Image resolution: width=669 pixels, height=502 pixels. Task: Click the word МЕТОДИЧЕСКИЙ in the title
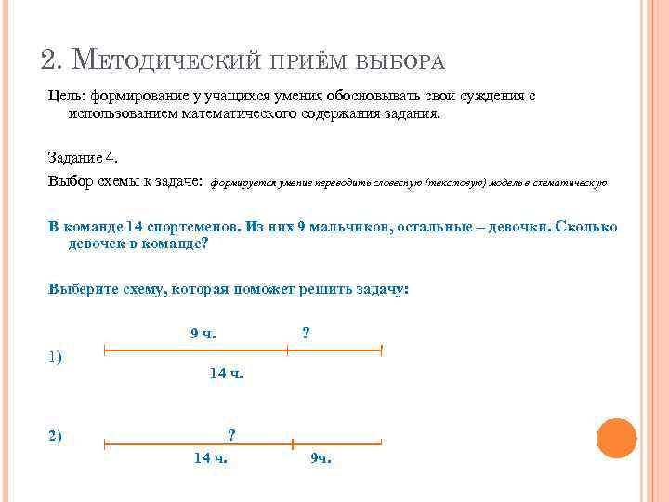pyautogui.click(x=176, y=61)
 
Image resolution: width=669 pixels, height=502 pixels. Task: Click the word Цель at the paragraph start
pyautogui.click(x=66, y=96)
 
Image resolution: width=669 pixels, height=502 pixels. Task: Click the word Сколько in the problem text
pyautogui.click(x=590, y=228)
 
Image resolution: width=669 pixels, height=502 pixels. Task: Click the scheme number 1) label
pyautogui.click(x=55, y=357)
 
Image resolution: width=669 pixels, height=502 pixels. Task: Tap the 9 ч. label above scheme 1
pyautogui.click(x=203, y=333)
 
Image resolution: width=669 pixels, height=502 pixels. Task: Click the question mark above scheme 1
pyautogui.click(x=307, y=331)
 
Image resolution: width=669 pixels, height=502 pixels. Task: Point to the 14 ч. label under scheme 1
pyautogui.click(x=226, y=374)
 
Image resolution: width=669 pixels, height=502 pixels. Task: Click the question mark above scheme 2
pyautogui.click(x=231, y=434)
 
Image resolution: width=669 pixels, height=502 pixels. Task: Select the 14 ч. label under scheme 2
pyautogui.click(x=211, y=457)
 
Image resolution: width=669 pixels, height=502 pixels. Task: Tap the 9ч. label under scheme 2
pyautogui.click(x=321, y=457)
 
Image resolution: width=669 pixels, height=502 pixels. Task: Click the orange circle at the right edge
pyautogui.click(x=616, y=438)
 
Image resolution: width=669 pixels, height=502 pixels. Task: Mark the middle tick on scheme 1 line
pyautogui.click(x=288, y=350)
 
